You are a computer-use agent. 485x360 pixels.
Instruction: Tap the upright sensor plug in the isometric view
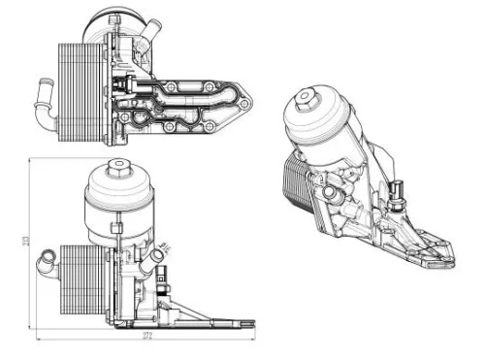[399, 190]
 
